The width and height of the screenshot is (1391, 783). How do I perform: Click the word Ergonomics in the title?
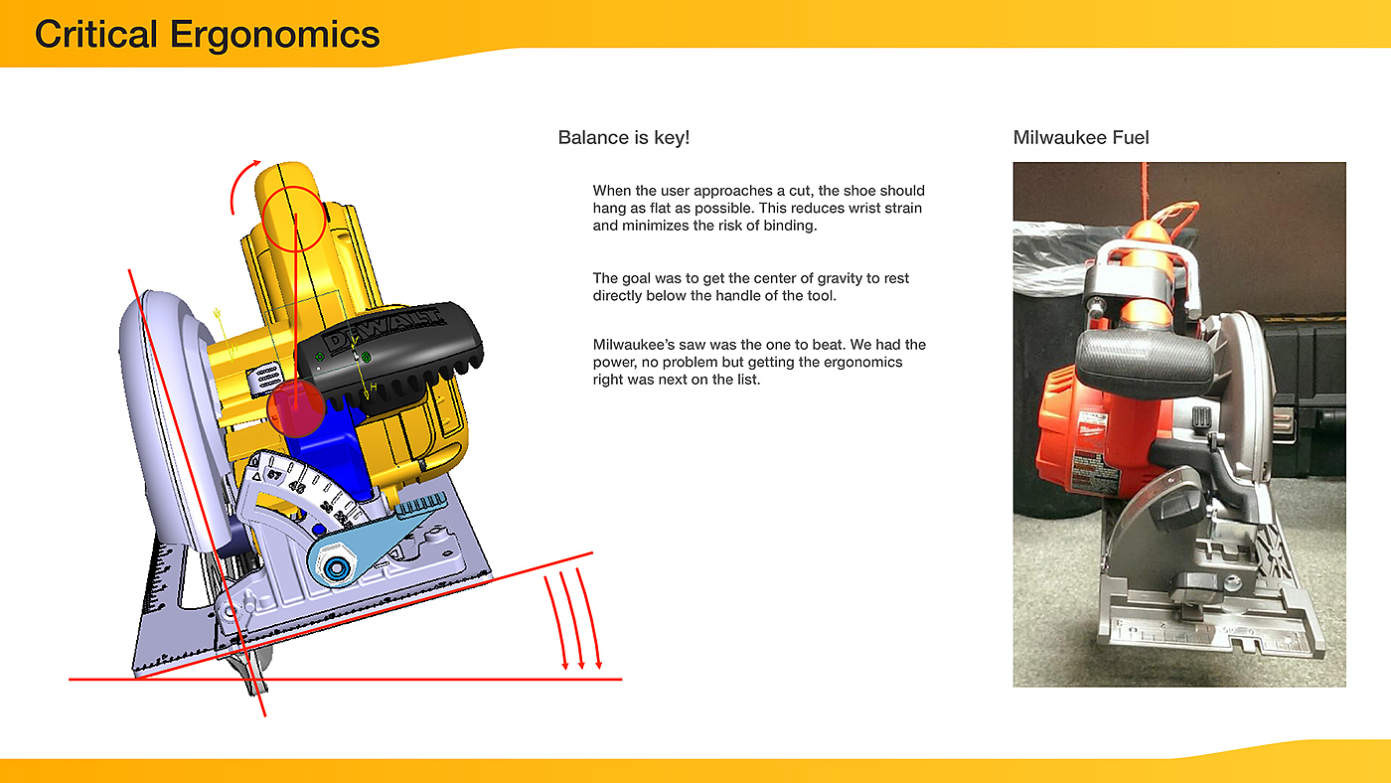tap(274, 36)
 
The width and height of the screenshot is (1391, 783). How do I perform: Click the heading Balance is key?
tap(624, 137)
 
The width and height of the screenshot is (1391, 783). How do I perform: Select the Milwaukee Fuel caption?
tap(1081, 137)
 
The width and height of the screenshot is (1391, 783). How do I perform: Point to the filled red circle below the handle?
tap(296, 408)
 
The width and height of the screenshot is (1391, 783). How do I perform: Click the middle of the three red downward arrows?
tap(572, 621)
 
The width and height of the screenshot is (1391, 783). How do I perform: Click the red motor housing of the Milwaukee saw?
tap(1093, 434)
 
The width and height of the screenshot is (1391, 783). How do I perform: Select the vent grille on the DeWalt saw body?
tap(266, 378)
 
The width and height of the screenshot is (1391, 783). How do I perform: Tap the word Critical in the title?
tap(95, 34)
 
